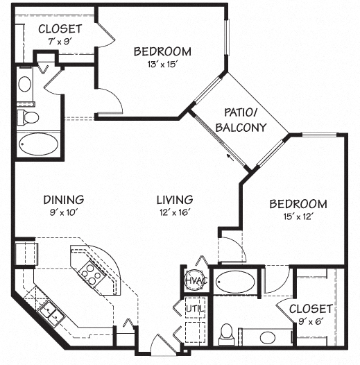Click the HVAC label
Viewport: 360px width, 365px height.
pos(192,280)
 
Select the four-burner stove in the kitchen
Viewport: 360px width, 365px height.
pos(89,271)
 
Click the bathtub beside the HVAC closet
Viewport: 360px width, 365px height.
pos(235,282)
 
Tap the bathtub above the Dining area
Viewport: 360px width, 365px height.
pos(38,145)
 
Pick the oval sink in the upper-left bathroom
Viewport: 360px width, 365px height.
pos(24,85)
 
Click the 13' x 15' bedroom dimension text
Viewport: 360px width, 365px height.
pos(162,65)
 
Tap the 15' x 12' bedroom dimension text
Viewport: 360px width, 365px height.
pos(298,217)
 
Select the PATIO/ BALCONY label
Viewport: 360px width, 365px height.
pos(241,119)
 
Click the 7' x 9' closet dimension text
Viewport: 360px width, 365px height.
pos(60,42)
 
